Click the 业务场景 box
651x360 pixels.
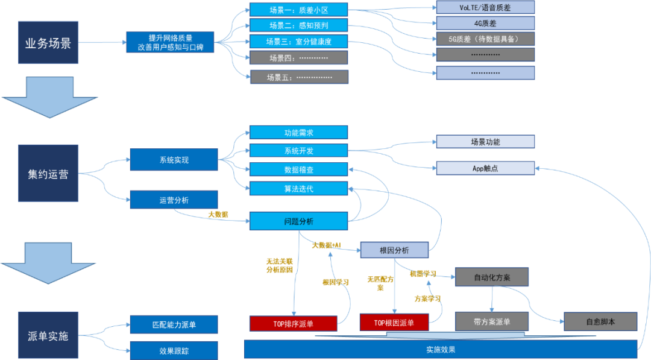click(48, 43)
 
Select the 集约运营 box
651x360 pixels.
click(48, 174)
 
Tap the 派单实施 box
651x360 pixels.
click(48, 336)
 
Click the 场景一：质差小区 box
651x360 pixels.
click(299, 10)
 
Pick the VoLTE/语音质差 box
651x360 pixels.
click(485, 7)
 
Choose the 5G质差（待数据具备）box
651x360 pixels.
click(485, 39)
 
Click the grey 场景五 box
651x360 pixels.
click(299, 77)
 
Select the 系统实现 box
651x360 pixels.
click(174, 160)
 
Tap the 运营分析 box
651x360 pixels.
click(174, 200)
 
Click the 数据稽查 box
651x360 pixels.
click(299, 169)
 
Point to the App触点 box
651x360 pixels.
click(485, 168)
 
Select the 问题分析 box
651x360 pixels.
click(299, 221)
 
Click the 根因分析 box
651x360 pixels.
click(394, 250)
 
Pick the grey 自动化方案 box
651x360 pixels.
click(492, 277)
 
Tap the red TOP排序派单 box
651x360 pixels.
click(293, 323)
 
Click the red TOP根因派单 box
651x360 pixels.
click(394, 323)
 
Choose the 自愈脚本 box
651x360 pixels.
click(600, 321)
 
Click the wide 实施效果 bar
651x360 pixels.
click(440, 350)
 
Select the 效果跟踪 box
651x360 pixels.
click(174, 350)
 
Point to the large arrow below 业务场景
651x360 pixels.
click(48, 96)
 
